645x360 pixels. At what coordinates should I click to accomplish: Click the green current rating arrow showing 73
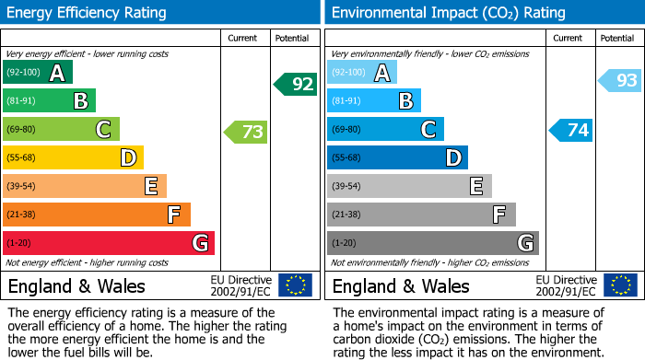pos(246,132)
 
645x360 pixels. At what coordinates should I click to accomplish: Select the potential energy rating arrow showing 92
pos(295,85)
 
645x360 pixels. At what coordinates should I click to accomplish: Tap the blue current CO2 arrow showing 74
pos(571,130)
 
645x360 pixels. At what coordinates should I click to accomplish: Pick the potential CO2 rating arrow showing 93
pos(620,81)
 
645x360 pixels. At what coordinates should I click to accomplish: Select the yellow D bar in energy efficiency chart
pos(74,158)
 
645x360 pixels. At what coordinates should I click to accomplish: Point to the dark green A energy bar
pos(38,73)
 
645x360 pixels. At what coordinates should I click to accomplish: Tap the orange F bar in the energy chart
pos(97,215)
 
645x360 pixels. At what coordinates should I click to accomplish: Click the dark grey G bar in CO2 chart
pos(432,243)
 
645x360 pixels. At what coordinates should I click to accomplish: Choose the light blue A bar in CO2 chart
pos(362,73)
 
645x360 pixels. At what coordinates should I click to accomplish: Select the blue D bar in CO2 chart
pos(397,158)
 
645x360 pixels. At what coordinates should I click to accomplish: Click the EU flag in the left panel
pos(295,285)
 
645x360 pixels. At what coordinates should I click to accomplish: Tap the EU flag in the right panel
pos(620,285)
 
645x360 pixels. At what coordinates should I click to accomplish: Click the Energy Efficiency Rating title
pos(88,13)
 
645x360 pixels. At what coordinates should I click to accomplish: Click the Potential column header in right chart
pos(616,38)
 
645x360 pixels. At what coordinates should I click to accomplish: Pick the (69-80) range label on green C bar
pos(21,130)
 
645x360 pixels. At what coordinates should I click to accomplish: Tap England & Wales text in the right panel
pos(401,286)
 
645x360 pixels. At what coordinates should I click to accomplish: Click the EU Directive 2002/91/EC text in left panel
pos(240,285)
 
